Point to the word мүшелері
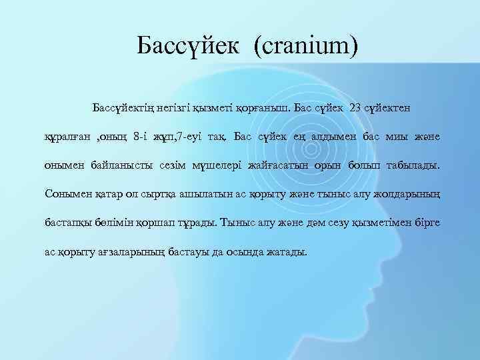tap(211, 165)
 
